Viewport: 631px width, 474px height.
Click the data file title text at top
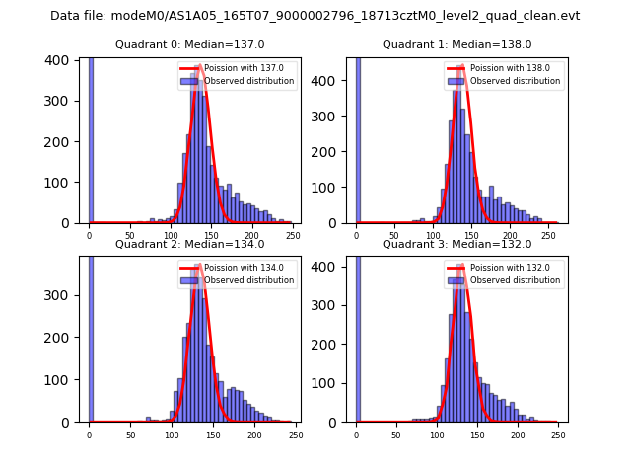click(315, 16)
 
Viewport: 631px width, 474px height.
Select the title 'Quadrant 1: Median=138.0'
click(456, 44)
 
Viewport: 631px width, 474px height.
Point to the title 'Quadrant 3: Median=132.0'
click(456, 244)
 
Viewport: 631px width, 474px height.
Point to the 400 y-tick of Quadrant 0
click(58, 61)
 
